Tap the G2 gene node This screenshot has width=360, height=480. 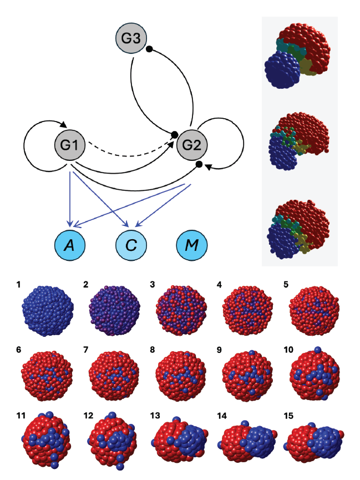191,146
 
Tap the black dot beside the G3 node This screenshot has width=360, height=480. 149,49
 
